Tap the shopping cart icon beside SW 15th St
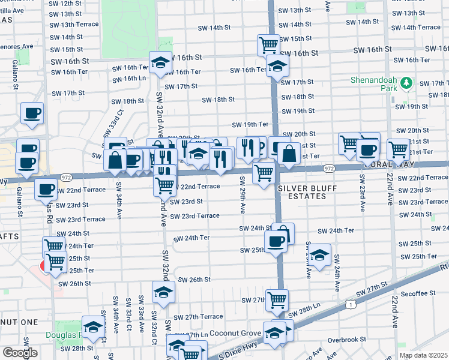pyautogui.click(x=269, y=44)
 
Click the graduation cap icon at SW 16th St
pyautogui.click(x=161, y=62)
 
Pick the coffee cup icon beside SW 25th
pyautogui.click(x=276, y=241)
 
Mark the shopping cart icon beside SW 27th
pyautogui.click(x=277, y=299)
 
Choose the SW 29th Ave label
pyautogui.click(x=243, y=195)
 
